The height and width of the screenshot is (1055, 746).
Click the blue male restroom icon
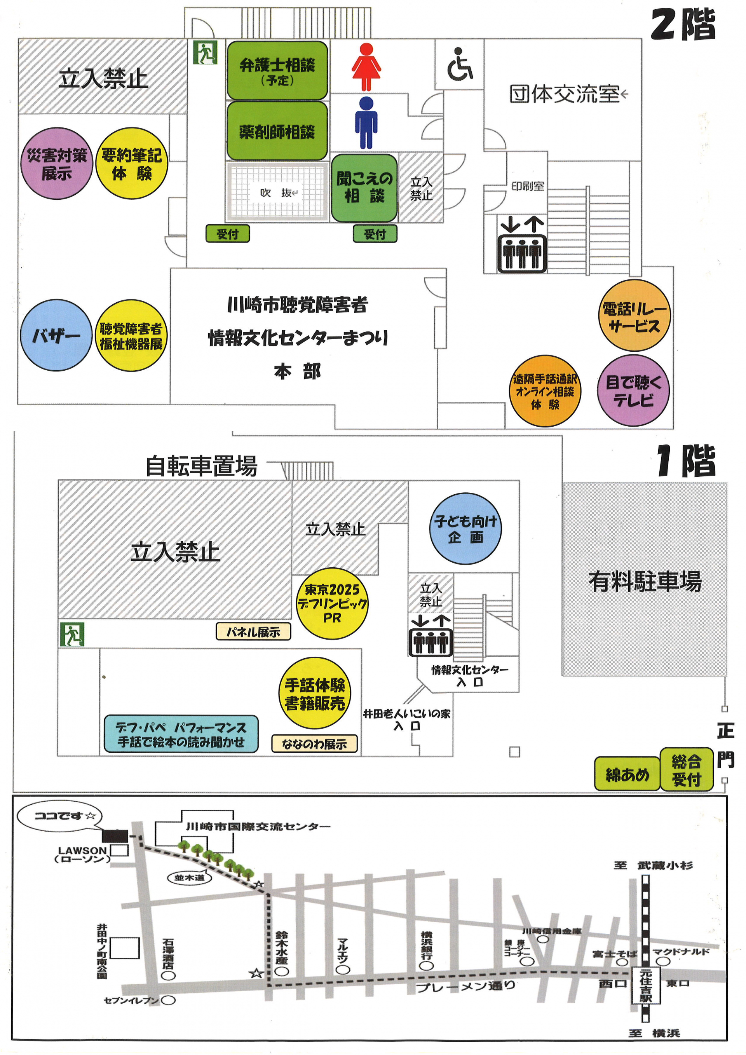pos(366,123)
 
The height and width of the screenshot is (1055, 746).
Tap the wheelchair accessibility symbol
pos(459,65)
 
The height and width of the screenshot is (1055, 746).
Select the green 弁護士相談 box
pos(277,70)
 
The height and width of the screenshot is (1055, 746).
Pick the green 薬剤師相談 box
pos(277,131)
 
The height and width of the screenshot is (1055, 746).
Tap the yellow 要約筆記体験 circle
pos(132,164)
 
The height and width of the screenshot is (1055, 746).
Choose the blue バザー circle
pos(56,335)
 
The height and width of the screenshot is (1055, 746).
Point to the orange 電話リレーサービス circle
pos(634,316)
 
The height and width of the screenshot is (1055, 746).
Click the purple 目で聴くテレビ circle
pos(633,391)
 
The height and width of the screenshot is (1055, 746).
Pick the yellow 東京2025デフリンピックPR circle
pos(332,603)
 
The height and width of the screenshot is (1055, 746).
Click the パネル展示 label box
pos(253,632)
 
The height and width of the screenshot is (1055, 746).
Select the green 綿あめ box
pos(627,774)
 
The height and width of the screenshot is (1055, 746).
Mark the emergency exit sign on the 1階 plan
pos(72,635)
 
